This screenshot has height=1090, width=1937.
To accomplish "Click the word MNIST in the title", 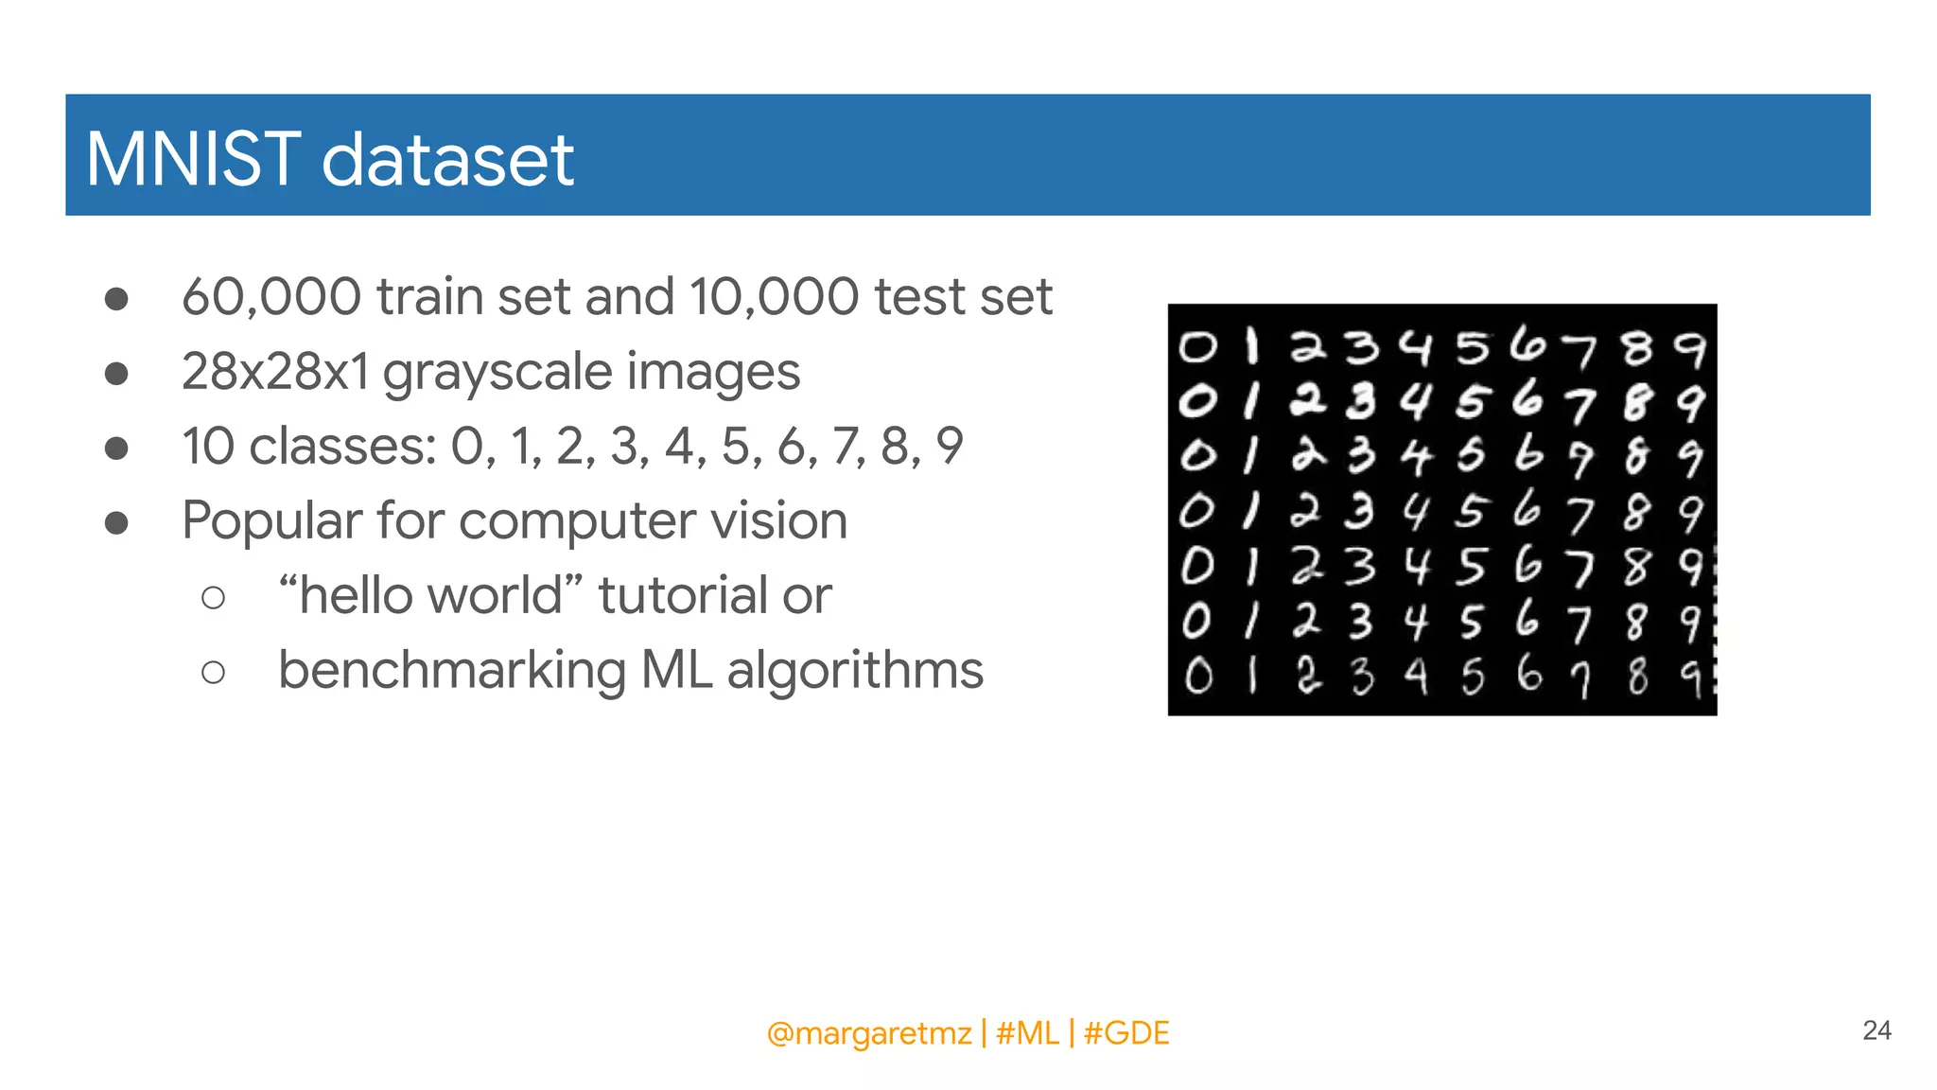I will [x=193, y=159].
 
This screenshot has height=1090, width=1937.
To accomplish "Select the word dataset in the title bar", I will [x=447, y=159].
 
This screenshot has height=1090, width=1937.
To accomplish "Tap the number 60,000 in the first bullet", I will [x=271, y=297].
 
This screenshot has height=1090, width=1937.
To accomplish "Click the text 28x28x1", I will [x=275, y=371].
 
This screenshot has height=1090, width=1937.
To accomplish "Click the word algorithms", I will [x=855, y=671].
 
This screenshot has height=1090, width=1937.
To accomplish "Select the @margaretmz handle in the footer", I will [x=868, y=1033].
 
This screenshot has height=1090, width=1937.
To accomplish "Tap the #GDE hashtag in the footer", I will [x=1126, y=1032].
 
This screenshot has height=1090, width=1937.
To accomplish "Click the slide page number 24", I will [x=1876, y=1030].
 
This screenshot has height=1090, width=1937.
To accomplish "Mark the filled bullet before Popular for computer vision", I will [x=116, y=522].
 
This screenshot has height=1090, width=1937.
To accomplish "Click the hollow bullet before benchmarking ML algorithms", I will [x=214, y=672].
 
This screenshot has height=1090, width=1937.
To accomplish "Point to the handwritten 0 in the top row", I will [x=1197, y=348].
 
